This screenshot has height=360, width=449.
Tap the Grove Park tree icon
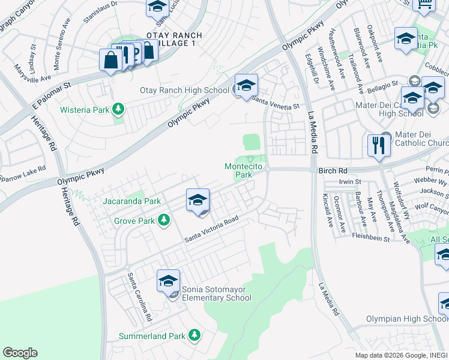tap(163, 221)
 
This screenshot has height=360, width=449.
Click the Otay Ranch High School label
tap(185, 91)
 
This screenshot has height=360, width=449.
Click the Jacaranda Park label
tap(131, 202)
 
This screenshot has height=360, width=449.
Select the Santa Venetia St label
tap(275, 104)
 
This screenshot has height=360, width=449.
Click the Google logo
tap(20, 353)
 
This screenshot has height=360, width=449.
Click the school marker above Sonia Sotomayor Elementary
tap(169, 281)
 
